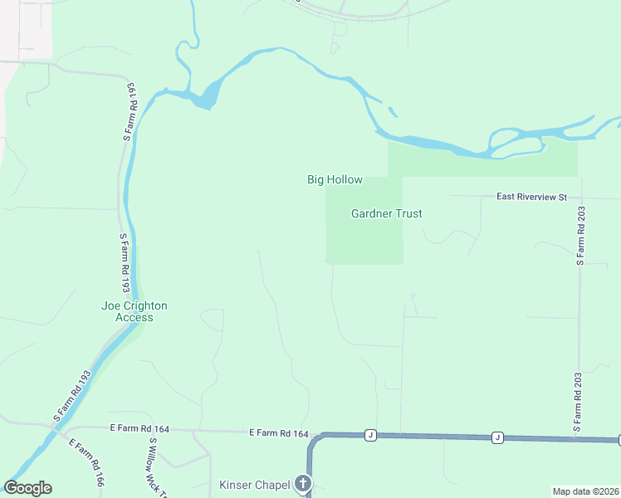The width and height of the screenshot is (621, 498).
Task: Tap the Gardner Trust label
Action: tap(386, 213)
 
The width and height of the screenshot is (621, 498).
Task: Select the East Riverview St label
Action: tap(531, 197)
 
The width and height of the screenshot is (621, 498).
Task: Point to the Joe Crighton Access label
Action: tap(134, 311)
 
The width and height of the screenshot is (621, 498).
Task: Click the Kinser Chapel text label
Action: tap(253, 485)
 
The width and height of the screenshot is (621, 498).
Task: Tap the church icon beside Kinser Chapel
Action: tap(304, 484)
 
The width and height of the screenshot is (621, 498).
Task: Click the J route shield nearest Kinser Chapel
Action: tap(370, 435)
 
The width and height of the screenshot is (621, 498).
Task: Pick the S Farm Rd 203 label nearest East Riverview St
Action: tap(579, 236)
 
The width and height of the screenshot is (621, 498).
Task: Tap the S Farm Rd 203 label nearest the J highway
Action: tap(579, 402)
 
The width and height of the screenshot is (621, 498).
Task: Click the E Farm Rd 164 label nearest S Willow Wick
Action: tap(139, 429)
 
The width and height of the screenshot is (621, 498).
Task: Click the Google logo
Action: tap(27, 488)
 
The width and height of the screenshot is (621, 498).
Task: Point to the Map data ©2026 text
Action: tap(585, 491)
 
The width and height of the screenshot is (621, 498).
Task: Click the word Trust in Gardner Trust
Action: tap(407, 213)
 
